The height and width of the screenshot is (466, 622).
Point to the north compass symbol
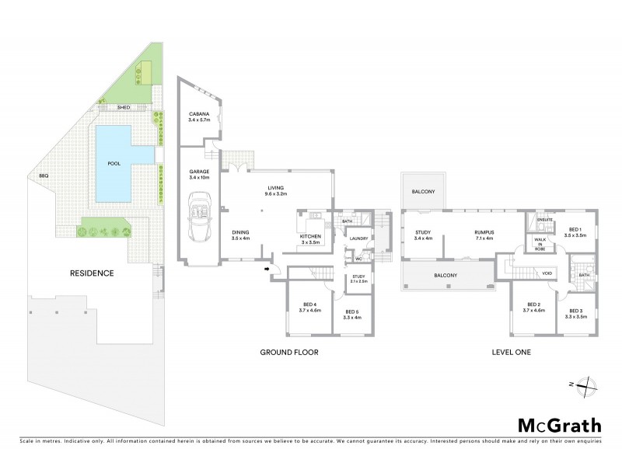589,384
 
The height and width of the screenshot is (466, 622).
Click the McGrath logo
559,425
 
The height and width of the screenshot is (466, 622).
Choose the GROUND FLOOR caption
288,352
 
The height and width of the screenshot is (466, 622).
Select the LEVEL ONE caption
512,352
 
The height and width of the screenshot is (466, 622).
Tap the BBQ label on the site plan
44,176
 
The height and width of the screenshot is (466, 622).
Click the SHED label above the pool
122,107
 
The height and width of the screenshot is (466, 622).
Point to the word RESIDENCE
93,273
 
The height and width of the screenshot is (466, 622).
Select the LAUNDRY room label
358,238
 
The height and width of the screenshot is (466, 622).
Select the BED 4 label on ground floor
309,307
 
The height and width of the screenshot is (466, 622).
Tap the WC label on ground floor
358,259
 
